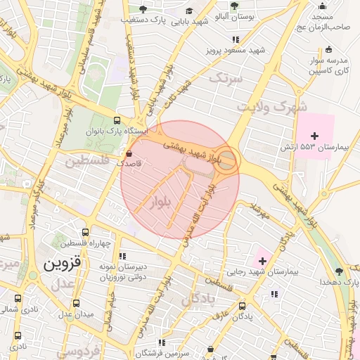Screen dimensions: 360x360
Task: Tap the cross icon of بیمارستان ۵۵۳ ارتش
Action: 314,135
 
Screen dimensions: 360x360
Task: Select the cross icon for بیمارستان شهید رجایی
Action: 262,262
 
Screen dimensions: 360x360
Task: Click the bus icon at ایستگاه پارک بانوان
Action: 117,120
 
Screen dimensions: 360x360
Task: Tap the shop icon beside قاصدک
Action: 128,153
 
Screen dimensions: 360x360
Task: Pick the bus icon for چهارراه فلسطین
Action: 85,232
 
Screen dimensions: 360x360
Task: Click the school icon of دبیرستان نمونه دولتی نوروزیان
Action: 122,257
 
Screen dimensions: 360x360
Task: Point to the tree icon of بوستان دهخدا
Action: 339,271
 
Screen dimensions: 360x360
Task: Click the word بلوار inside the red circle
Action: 162,202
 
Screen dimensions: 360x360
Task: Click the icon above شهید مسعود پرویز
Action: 236,39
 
